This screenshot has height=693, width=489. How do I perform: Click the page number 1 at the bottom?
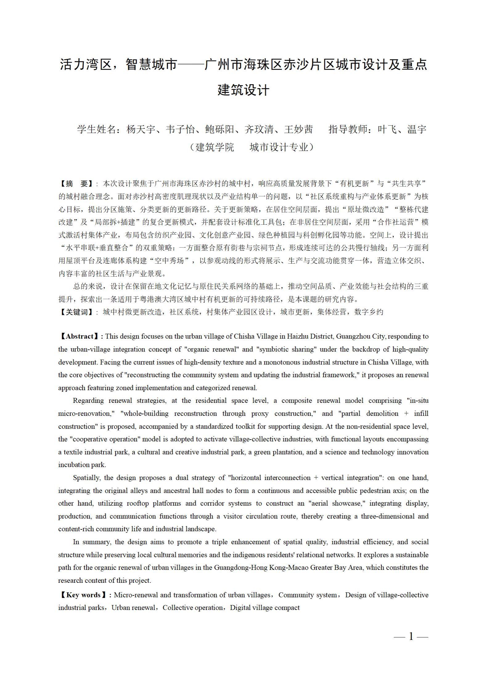(411, 636)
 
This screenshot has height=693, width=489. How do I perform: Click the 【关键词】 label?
(76, 312)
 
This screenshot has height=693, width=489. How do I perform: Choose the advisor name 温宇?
(417, 129)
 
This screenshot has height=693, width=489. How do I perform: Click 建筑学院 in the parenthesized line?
(215, 147)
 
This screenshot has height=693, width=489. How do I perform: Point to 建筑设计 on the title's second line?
(244, 90)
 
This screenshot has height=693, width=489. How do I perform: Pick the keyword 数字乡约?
(369, 312)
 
